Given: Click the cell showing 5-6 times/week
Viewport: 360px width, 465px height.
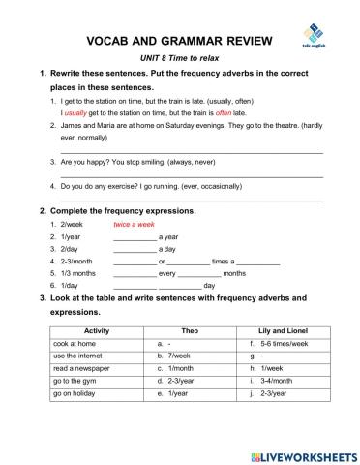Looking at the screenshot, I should pos(283,344).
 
